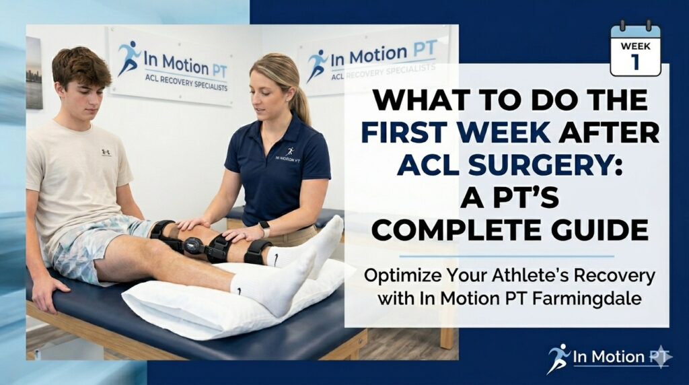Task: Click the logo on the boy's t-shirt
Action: coord(106,153)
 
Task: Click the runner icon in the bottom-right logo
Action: coord(558,356)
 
